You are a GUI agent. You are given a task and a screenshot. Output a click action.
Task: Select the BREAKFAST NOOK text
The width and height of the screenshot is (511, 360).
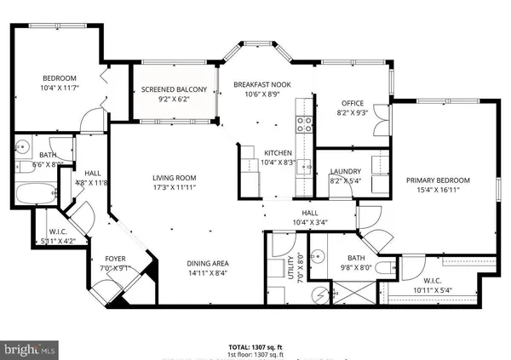click(258, 83)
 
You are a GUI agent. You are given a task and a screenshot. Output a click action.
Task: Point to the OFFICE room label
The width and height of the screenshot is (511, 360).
click(353, 103)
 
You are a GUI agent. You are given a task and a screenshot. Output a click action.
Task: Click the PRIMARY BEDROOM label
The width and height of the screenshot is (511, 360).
click(438, 180)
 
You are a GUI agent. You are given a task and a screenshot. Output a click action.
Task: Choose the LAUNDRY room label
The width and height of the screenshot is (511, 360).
click(346, 172)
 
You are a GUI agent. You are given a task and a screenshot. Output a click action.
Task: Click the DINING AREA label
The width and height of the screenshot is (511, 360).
click(209, 263)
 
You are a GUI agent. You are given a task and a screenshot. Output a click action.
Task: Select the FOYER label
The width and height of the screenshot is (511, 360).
click(117, 259)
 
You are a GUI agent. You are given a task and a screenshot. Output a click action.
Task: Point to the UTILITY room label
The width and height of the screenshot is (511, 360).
click(290, 267)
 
